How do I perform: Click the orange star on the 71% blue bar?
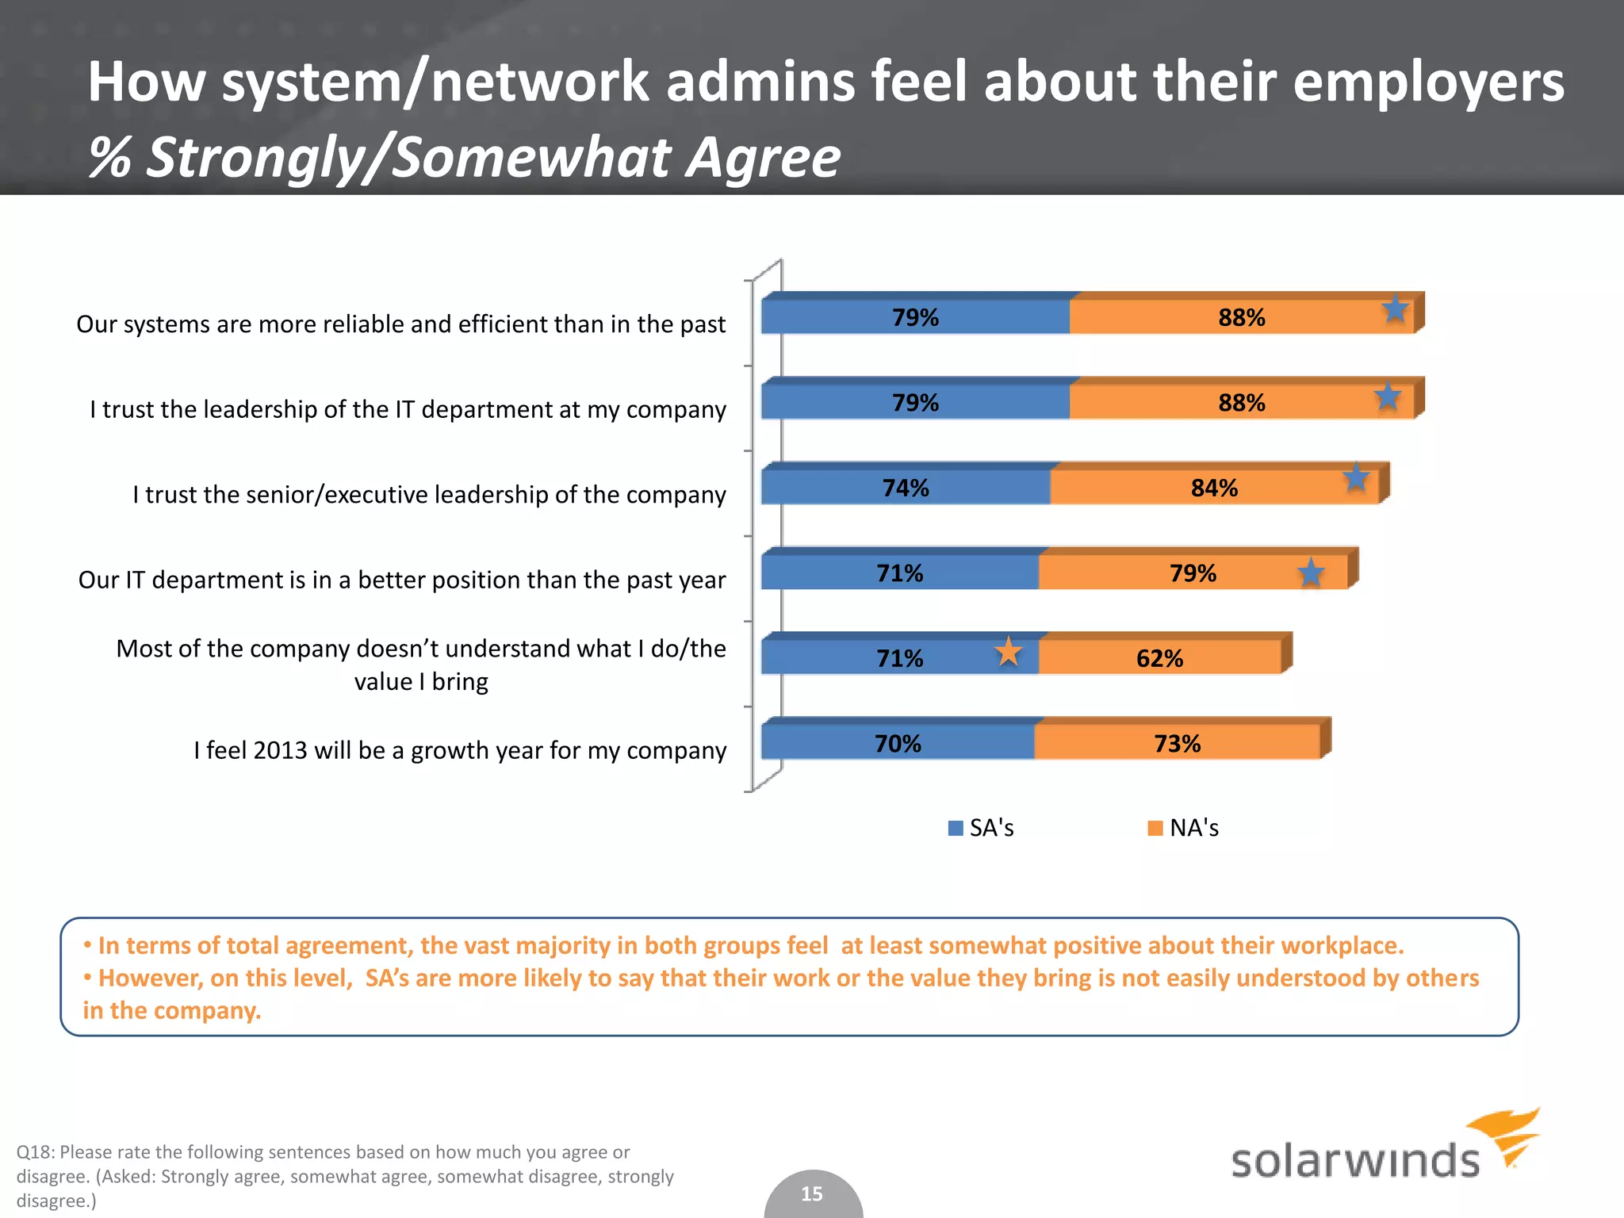1008,653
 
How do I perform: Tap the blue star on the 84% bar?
1356,478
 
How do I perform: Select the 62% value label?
1159,658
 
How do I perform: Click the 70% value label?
898,744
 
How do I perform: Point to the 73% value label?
1177,744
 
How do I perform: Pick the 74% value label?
906,488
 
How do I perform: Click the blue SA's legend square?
956,828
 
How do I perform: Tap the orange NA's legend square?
1155,828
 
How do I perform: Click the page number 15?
812,1193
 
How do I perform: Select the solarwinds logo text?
1354,1161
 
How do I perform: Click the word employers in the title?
1428,82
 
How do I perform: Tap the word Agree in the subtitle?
763,157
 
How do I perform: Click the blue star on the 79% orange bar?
1311,573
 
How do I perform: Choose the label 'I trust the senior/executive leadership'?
429,495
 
